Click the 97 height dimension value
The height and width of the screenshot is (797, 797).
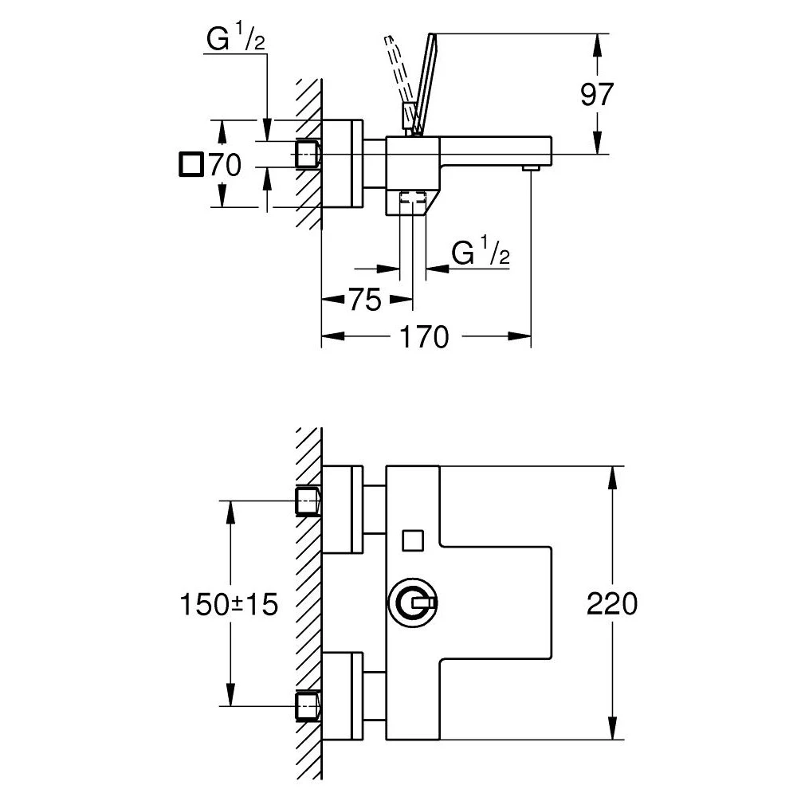(x=596, y=94)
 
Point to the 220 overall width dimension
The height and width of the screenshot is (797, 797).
(x=612, y=603)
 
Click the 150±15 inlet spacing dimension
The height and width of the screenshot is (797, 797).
(x=230, y=603)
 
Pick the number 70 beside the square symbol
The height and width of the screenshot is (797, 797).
(x=224, y=165)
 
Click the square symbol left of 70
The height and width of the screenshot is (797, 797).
(x=190, y=165)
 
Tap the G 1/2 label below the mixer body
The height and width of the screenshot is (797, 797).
(x=481, y=253)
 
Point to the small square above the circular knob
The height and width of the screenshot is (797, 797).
(x=414, y=540)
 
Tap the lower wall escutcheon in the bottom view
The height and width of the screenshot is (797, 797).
(x=343, y=696)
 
